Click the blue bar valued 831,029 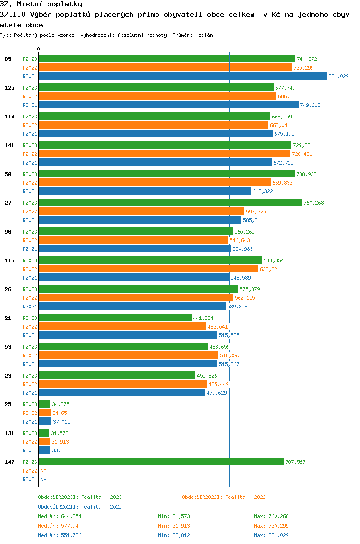click(x=182, y=76)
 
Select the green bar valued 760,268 click(x=170, y=203)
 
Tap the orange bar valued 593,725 click(x=141, y=212)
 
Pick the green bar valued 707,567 click(x=161, y=462)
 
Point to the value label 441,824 click(x=203, y=318)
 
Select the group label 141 click(x=8, y=145)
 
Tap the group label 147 click(x=8, y=462)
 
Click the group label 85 click(x=8, y=59)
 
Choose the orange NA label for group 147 click(x=43, y=471)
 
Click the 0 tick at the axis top click(x=39, y=49)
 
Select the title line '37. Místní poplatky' click(x=41, y=4)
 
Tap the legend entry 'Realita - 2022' click(x=224, y=497)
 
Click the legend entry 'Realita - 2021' click(x=80, y=507)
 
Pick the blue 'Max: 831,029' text click(x=271, y=535)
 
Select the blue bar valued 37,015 click(x=45, y=422)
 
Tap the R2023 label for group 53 click(x=30, y=347)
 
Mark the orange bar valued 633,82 click(x=148, y=269)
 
